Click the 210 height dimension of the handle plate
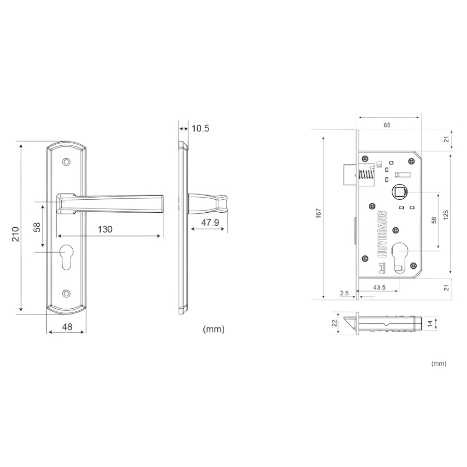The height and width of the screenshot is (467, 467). [x=15, y=234]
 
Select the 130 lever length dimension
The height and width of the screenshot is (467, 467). [x=105, y=229]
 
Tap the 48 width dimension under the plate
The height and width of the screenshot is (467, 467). [x=67, y=327]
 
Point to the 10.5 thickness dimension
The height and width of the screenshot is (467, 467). [x=200, y=128]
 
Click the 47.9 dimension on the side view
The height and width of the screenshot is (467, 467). [x=210, y=223]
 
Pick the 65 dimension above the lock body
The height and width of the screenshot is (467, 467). [x=387, y=125]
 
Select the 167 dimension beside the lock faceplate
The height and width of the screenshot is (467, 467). [x=319, y=213]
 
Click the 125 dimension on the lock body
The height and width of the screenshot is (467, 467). [x=446, y=215]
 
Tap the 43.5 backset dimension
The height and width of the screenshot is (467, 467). [x=379, y=287]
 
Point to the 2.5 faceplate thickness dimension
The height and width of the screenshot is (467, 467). [x=344, y=293]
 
